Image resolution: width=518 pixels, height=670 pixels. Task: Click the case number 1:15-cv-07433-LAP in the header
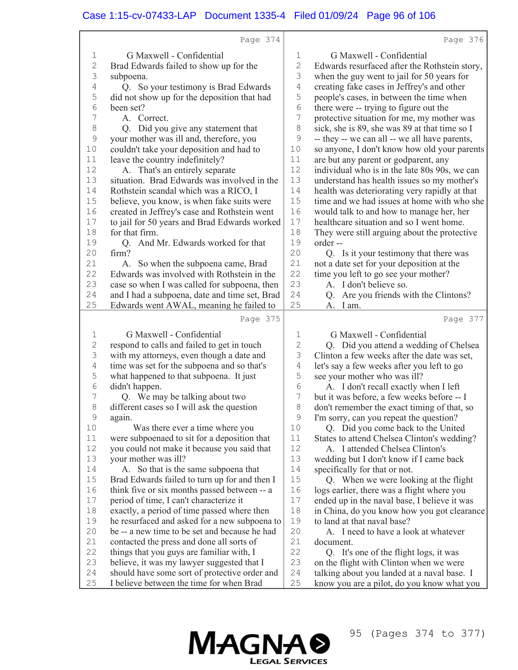coord(139,16)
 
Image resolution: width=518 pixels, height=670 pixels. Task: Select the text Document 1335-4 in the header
coord(245,16)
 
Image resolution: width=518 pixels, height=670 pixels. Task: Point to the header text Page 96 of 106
coord(401,16)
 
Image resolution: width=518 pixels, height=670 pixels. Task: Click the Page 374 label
coord(260,40)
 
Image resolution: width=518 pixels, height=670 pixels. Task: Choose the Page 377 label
coord(463,319)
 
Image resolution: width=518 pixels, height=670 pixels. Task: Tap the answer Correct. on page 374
coord(153,118)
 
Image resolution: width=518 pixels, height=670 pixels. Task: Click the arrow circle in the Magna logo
coord(319,643)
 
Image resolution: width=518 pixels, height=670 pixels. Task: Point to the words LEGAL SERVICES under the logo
coord(289,661)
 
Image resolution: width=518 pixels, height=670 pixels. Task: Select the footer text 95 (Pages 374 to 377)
coord(417,633)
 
